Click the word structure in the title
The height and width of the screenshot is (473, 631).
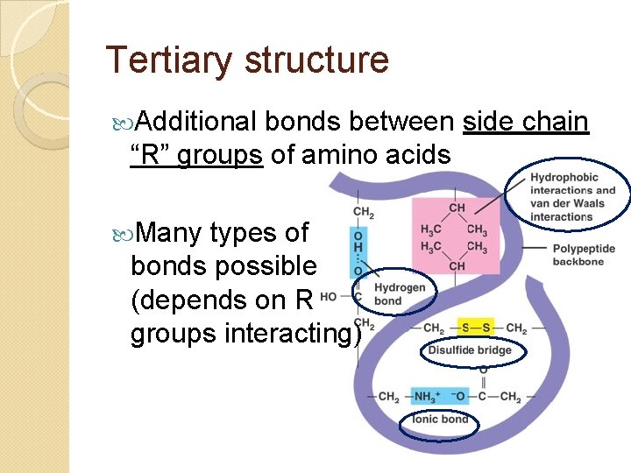coord(316,60)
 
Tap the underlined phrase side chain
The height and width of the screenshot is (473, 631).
coord(525,123)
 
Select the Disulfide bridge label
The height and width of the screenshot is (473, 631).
coord(469,350)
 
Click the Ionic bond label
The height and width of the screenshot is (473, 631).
coord(441,420)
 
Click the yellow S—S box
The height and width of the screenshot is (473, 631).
coord(475,328)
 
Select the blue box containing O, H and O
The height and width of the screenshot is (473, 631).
coord(359,251)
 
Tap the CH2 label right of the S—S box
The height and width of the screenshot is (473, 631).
coord(516,328)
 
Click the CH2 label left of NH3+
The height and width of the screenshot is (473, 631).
coord(388,397)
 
